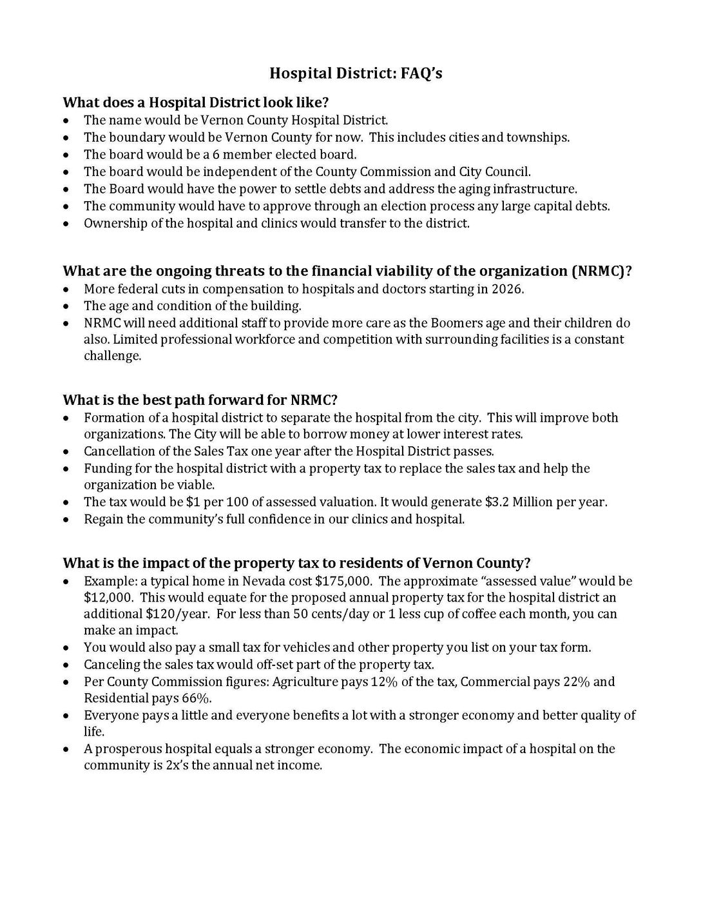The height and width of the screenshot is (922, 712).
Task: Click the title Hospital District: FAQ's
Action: [x=356, y=74]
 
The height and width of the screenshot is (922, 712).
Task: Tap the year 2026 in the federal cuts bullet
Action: [x=509, y=289]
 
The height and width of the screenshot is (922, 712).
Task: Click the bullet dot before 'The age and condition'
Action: [x=67, y=306]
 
